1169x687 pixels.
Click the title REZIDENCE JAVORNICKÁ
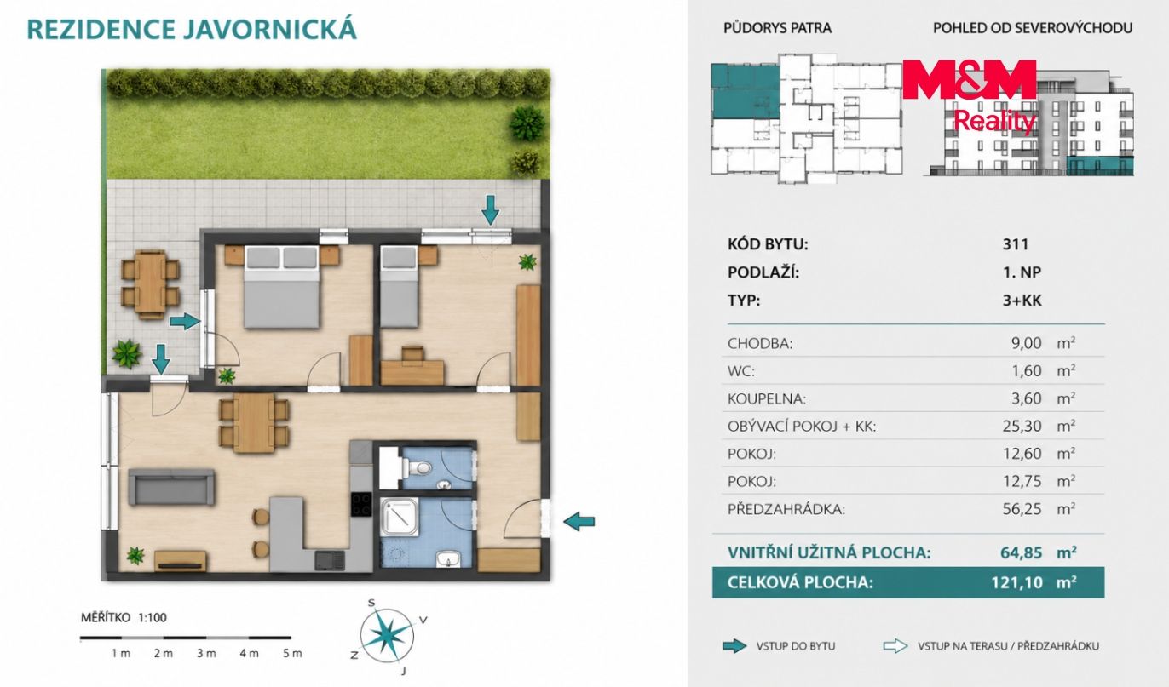pyautogui.click(x=192, y=29)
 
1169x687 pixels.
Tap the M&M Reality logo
pyautogui.click(x=970, y=94)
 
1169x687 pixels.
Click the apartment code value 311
pyautogui.click(x=1015, y=244)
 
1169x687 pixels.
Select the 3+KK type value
pyautogui.click(x=1022, y=301)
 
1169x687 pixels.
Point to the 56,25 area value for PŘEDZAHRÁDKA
pyautogui.click(x=1022, y=509)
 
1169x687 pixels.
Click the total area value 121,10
pyautogui.click(x=1017, y=582)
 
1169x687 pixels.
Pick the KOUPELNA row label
pyautogui.click(x=767, y=398)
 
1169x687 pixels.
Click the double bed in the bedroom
pyautogui.click(x=282, y=287)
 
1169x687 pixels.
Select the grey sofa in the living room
pyautogui.click(x=171, y=487)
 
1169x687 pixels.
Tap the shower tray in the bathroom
pyautogui.click(x=400, y=517)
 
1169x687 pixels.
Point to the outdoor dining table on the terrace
pyautogui.click(x=150, y=284)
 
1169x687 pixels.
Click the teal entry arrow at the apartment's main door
pyautogui.click(x=579, y=521)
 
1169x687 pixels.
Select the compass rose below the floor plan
pyautogui.click(x=388, y=637)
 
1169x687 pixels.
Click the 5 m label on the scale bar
pyautogui.click(x=292, y=653)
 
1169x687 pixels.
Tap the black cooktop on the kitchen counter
pyautogui.click(x=361, y=505)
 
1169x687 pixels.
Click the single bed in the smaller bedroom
pyautogui.click(x=400, y=287)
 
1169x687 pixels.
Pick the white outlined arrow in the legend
pyautogui.click(x=895, y=646)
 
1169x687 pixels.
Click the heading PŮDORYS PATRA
pyautogui.click(x=777, y=27)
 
